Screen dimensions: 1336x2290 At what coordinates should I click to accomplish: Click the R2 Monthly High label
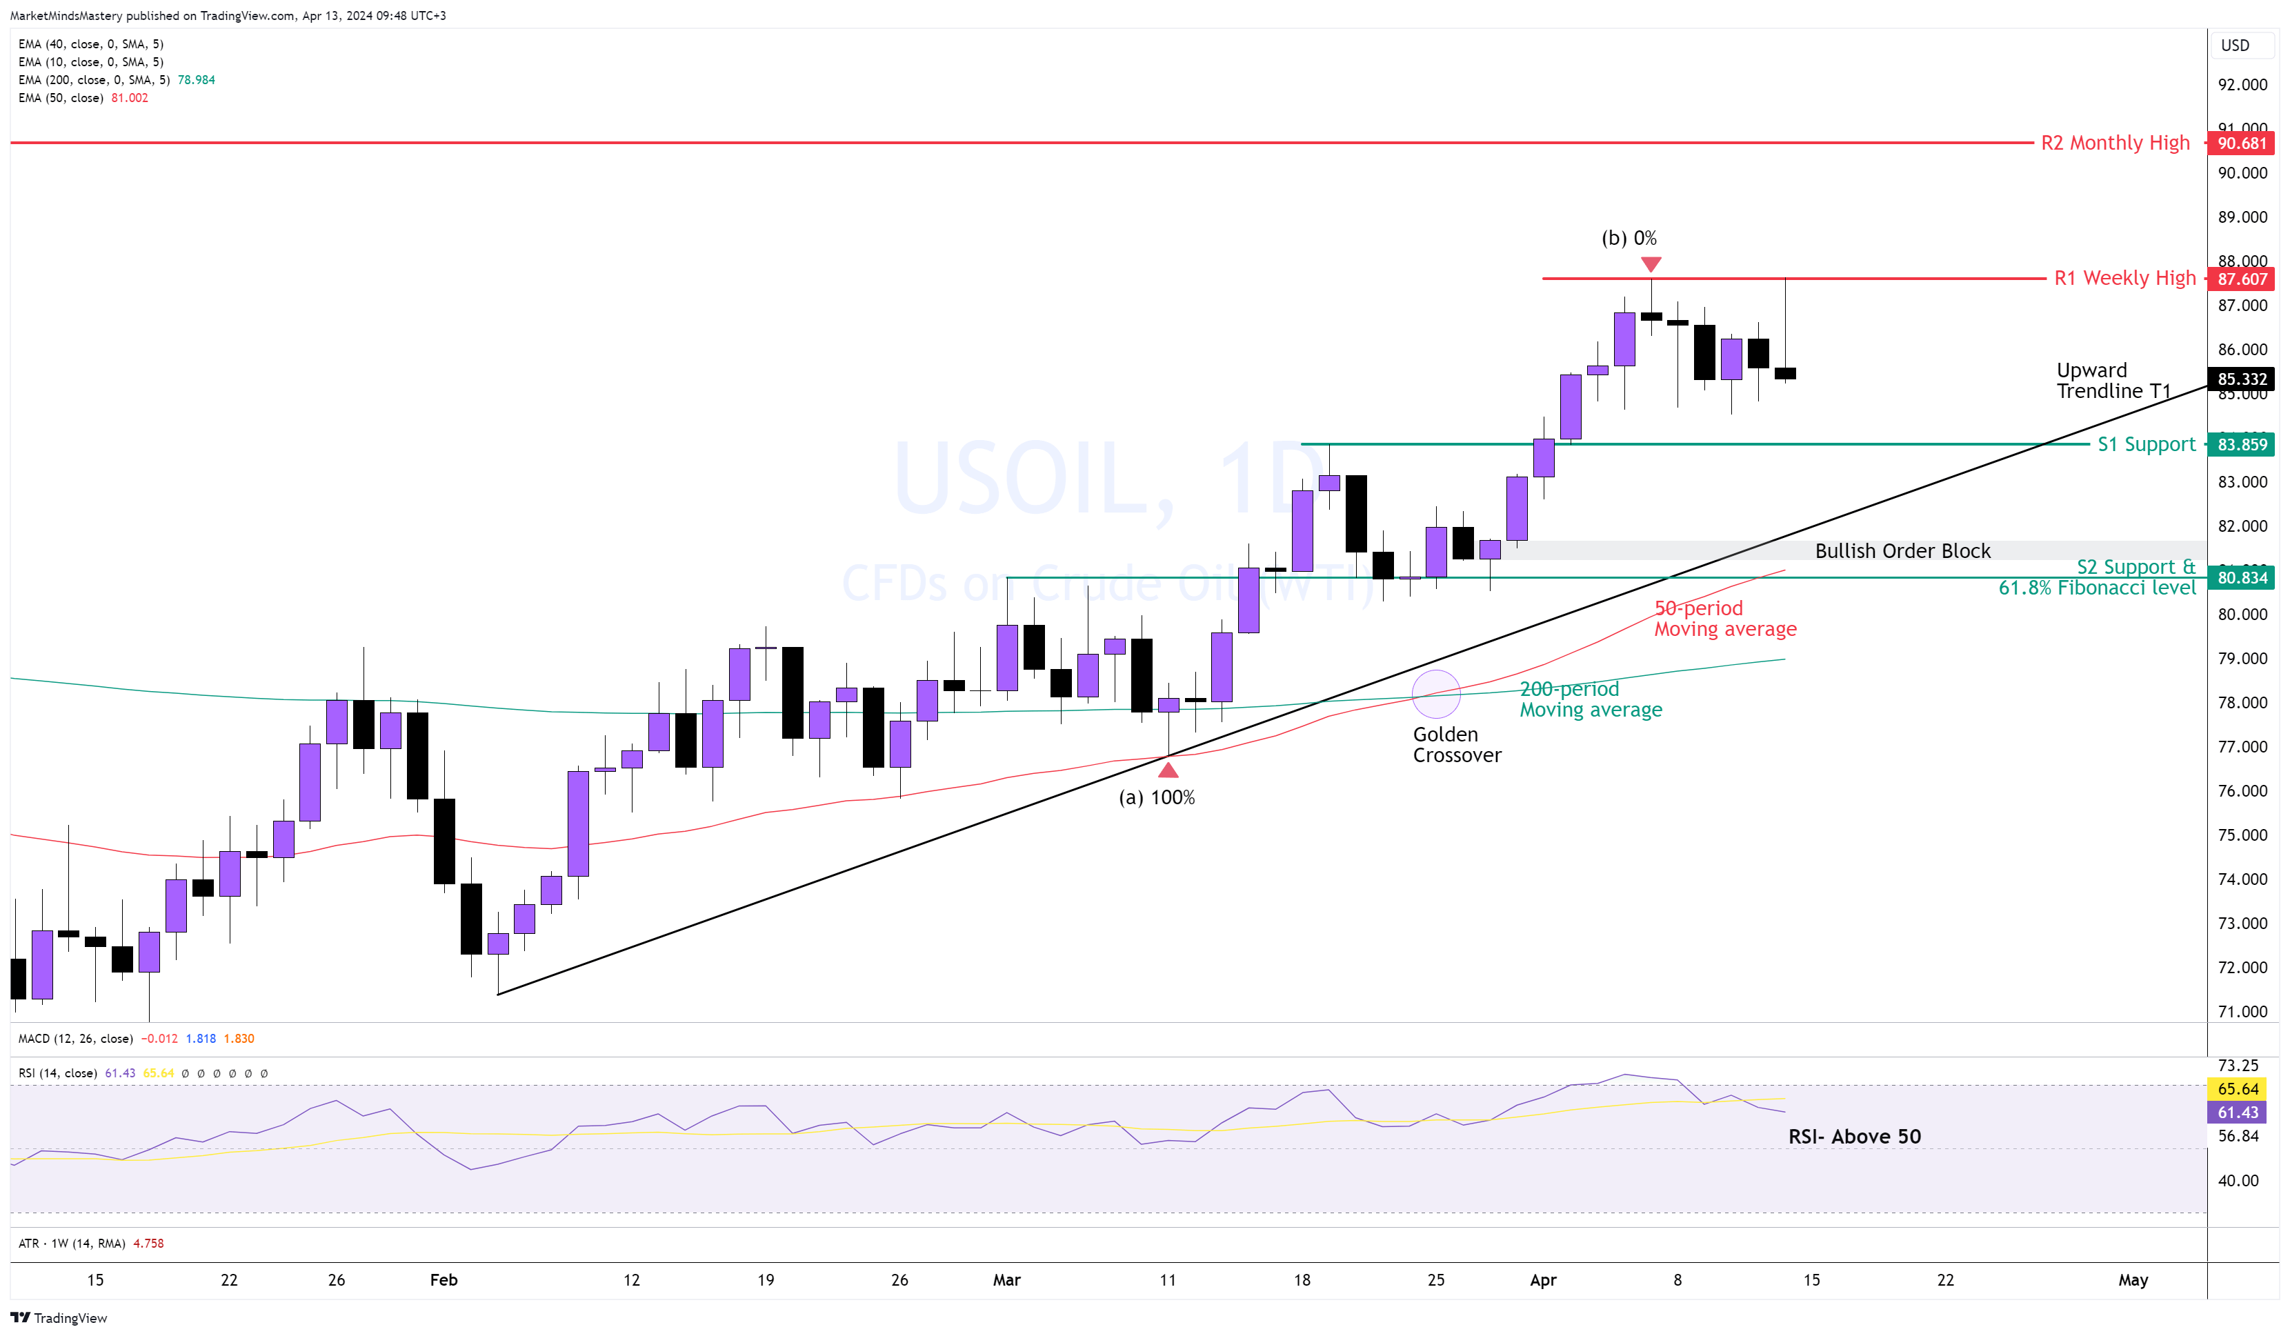click(x=2115, y=143)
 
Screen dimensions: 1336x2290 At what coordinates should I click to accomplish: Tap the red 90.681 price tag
click(x=2241, y=143)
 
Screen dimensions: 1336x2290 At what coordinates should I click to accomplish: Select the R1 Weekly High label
click(x=2124, y=278)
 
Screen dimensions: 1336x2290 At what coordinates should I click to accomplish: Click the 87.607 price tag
click(x=2241, y=279)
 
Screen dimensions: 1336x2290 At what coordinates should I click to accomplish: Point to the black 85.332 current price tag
click(x=2241, y=379)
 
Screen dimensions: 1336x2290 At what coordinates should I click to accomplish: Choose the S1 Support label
click(x=2146, y=444)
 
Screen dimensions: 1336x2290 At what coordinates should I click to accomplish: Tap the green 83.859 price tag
click(x=2241, y=444)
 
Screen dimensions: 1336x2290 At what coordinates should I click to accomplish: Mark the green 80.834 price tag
click(x=2241, y=578)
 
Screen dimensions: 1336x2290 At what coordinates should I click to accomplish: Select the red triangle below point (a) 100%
click(x=1168, y=770)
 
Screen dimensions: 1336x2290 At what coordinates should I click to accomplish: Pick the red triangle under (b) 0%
click(x=1651, y=263)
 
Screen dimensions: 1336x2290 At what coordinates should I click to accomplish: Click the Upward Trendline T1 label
click(x=2113, y=381)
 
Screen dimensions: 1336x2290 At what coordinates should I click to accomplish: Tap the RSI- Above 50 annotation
click(x=1854, y=1136)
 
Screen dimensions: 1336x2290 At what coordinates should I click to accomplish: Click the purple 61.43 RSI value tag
click(x=2238, y=1113)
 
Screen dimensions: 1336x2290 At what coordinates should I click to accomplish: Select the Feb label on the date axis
click(x=444, y=1279)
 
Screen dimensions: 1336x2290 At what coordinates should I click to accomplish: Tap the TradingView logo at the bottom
click(x=59, y=1318)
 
